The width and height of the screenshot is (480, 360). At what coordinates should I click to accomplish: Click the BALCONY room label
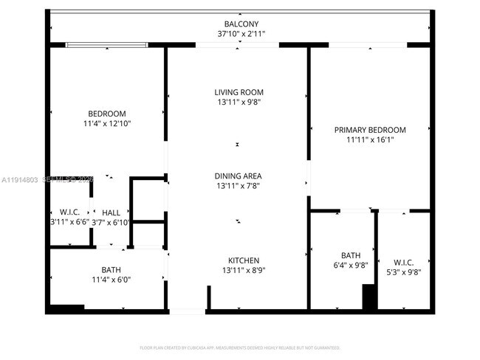click(x=241, y=24)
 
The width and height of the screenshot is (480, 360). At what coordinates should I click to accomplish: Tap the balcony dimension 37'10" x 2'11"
click(x=241, y=34)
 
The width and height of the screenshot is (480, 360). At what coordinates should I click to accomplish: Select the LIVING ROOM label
click(x=239, y=92)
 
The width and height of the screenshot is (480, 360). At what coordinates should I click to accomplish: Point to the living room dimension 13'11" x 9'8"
click(x=239, y=103)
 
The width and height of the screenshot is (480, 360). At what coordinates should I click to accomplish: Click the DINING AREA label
click(x=239, y=176)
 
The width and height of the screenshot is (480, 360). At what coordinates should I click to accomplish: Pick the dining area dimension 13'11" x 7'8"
click(x=239, y=187)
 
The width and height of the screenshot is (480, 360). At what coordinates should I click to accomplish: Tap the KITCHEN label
click(x=243, y=260)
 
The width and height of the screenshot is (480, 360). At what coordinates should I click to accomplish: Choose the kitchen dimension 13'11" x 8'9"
click(x=243, y=271)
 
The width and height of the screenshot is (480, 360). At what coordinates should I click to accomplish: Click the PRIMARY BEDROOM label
click(x=370, y=130)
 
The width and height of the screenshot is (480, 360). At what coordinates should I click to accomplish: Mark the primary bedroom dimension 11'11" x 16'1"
click(x=370, y=140)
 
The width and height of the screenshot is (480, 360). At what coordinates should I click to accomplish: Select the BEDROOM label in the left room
click(x=107, y=114)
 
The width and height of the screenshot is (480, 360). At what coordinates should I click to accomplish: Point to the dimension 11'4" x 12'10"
click(x=107, y=124)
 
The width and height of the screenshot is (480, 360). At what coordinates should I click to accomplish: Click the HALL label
click(x=111, y=212)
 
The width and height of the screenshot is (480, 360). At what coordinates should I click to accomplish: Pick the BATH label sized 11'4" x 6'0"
click(x=111, y=269)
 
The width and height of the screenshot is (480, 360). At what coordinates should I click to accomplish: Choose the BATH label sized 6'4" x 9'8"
click(x=351, y=255)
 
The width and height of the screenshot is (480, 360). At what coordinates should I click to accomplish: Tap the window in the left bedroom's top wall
click(x=107, y=45)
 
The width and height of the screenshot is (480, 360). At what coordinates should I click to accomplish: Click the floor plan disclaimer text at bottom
click(x=240, y=347)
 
